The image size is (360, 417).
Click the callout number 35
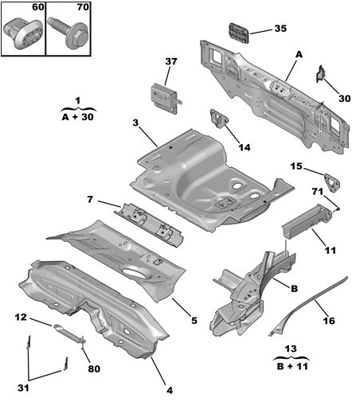point(280,29)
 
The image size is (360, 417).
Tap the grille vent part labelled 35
point(239,33)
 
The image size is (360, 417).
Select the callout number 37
point(171,61)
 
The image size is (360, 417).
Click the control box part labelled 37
point(166,99)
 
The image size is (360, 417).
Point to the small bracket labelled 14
point(219,119)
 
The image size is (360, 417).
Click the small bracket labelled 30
point(321,73)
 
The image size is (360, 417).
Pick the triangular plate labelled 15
point(332,182)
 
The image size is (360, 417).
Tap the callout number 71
point(318,192)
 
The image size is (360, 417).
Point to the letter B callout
point(294,289)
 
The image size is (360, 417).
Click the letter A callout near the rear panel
point(299,55)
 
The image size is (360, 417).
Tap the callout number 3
point(135,123)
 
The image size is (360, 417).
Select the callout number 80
point(94,369)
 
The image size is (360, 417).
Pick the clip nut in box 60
point(23,33)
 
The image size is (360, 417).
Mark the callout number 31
point(23,388)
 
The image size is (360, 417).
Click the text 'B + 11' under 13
point(292,367)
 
